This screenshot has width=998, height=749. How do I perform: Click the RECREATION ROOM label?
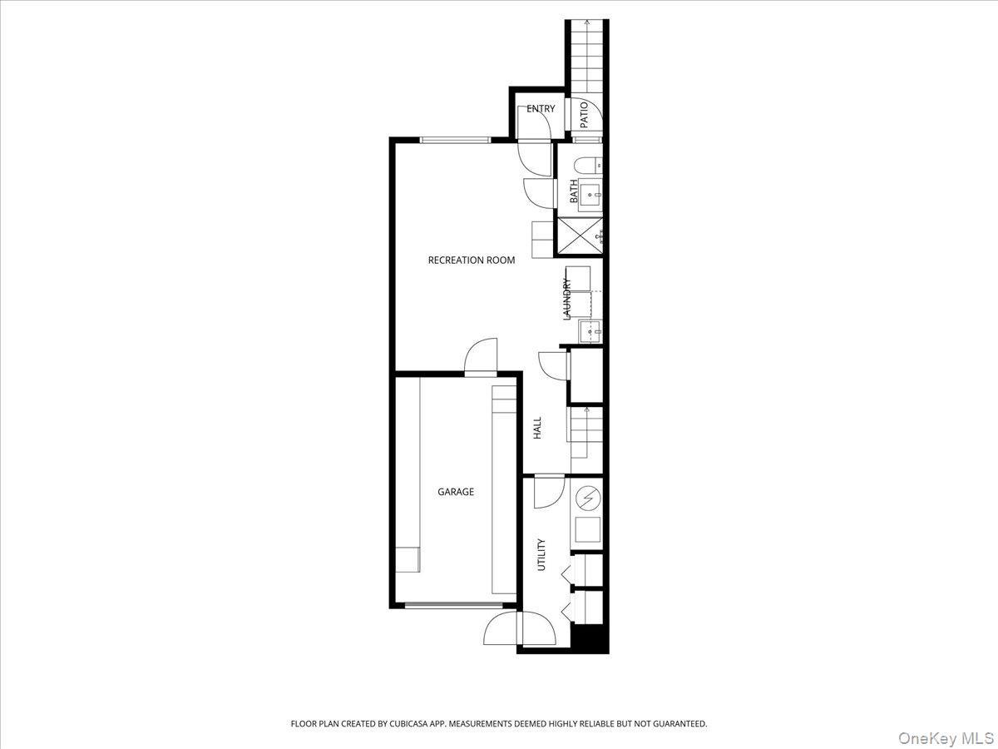pyautogui.click(x=471, y=260)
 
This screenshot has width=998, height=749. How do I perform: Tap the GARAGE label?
pyautogui.click(x=456, y=492)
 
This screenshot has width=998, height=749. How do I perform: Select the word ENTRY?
pyautogui.click(x=541, y=109)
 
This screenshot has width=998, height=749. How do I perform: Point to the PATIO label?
pyautogui.click(x=584, y=114)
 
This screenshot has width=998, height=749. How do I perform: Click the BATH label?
pyautogui.click(x=574, y=191)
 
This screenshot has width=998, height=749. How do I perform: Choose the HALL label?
pyautogui.click(x=537, y=428)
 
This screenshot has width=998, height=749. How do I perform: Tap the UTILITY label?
pyautogui.click(x=541, y=554)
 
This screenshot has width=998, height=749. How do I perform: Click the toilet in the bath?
pyautogui.click(x=588, y=165)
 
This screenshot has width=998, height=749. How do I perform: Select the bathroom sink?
pyautogui.click(x=590, y=197)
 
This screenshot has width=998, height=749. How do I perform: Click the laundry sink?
pyautogui.click(x=590, y=331)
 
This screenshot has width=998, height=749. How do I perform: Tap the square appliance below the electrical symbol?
pyautogui.click(x=588, y=530)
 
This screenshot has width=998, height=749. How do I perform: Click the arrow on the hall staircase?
pyautogui.click(x=587, y=409)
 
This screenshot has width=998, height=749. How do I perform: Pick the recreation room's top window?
pyautogui.click(x=455, y=139)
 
